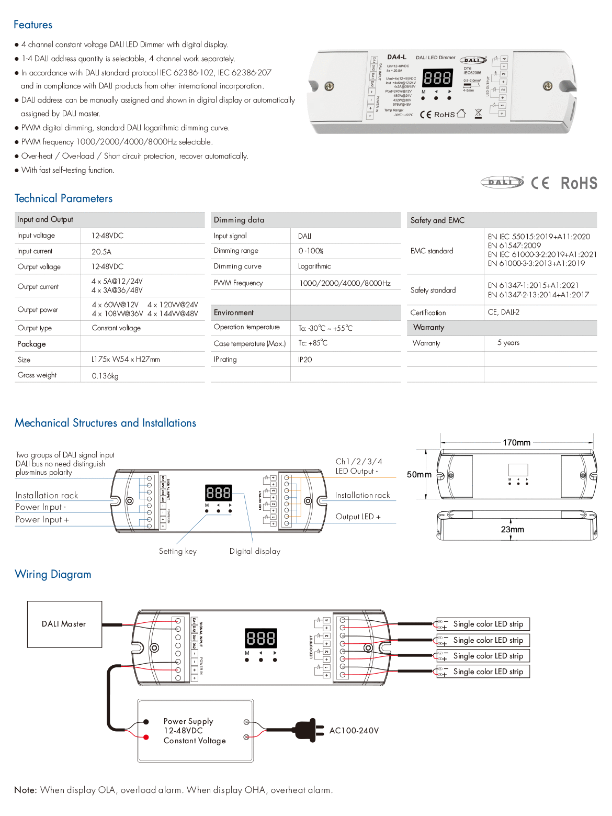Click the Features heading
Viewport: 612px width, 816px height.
[x=33, y=25]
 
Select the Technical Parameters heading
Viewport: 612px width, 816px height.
[x=63, y=198]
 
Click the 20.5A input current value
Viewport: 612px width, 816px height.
[x=101, y=252]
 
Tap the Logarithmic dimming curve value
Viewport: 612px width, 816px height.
[x=314, y=266]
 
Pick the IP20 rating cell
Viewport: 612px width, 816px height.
[x=305, y=360]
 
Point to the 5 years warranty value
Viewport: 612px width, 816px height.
[x=508, y=343]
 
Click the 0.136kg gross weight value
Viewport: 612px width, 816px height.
[x=105, y=376]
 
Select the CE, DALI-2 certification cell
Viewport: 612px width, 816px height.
[x=503, y=312]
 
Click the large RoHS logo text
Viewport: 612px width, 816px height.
[x=579, y=183]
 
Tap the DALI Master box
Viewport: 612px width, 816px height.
[x=64, y=624]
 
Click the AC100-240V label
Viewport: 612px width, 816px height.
[x=354, y=731]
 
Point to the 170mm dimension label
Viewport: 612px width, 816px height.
[x=516, y=443]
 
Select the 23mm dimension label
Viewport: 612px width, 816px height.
[x=512, y=530]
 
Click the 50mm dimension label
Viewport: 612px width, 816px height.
[x=419, y=475]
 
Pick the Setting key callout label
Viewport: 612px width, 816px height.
[x=178, y=551]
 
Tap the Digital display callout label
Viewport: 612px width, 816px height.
[x=255, y=551]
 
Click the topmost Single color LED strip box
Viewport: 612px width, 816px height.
[x=488, y=624]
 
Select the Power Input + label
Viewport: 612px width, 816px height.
[x=42, y=520]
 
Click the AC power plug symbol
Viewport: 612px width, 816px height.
[x=305, y=730]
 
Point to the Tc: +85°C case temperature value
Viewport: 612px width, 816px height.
[x=313, y=343]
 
